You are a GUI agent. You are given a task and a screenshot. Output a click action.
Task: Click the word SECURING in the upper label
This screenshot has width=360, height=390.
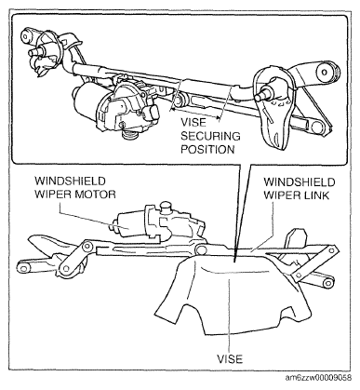(x=210, y=136)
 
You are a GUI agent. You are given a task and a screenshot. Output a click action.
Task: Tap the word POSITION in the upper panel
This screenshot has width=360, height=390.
(x=207, y=150)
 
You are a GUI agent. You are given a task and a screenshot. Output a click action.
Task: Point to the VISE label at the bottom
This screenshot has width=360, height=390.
(x=230, y=359)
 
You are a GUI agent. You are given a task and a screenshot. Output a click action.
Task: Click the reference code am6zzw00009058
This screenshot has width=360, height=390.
(x=319, y=378)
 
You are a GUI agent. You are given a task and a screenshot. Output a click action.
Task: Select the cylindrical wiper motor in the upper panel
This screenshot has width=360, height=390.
(x=88, y=100)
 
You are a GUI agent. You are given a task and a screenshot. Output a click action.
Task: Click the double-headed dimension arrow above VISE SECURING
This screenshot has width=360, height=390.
(x=196, y=114)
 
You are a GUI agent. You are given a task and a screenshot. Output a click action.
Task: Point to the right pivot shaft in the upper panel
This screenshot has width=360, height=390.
(x=263, y=92)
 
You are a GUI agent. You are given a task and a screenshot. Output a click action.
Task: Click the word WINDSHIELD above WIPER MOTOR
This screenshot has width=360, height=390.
(x=70, y=181)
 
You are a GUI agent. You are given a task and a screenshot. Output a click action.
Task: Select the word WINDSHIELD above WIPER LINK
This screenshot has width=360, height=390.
(x=300, y=182)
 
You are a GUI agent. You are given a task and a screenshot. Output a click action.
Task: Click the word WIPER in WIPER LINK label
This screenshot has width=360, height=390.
(x=280, y=195)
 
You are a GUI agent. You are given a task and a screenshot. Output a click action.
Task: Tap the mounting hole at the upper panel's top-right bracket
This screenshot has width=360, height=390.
(x=325, y=72)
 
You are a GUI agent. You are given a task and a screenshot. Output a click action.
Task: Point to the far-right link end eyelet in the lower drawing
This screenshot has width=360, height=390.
(x=327, y=283)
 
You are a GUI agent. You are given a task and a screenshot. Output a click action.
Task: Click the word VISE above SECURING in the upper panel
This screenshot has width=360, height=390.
(x=193, y=122)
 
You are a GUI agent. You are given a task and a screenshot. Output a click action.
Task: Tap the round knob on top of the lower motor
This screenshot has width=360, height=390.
(x=166, y=206)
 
